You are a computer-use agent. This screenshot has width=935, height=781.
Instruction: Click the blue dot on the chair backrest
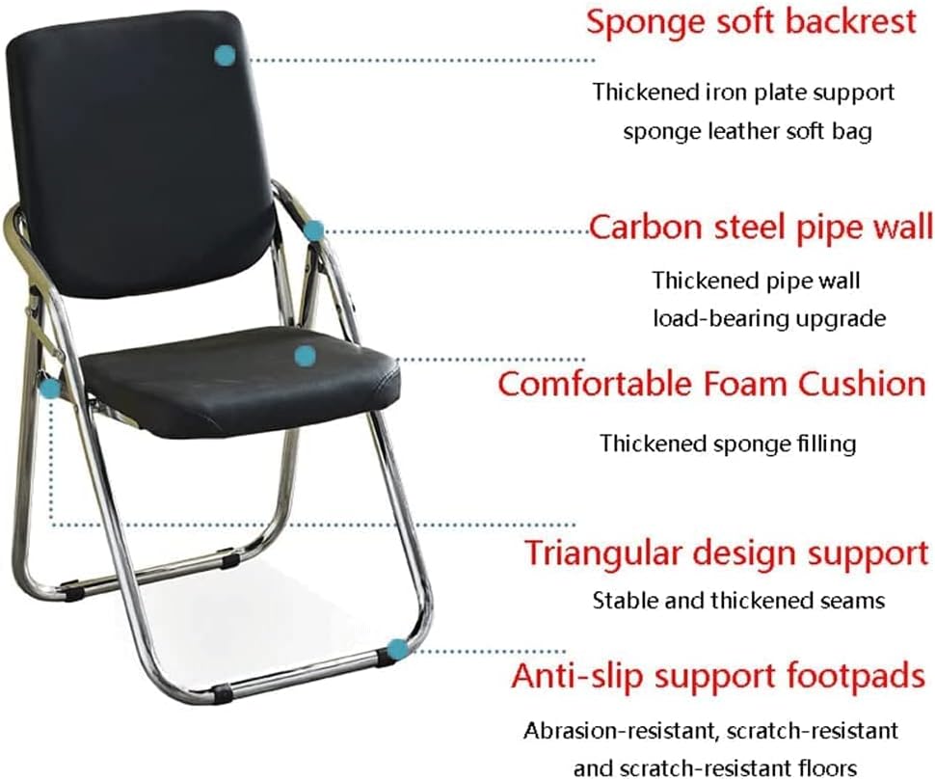[225, 56]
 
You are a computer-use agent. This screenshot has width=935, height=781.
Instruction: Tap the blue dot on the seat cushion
[305, 356]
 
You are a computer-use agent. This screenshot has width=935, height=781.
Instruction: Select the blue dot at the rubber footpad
[397, 649]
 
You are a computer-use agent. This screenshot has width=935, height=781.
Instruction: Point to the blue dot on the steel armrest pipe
[313, 230]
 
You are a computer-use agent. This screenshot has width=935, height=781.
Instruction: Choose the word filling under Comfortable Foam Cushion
[826, 444]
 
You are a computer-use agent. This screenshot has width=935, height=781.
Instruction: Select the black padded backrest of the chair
[143, 155]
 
